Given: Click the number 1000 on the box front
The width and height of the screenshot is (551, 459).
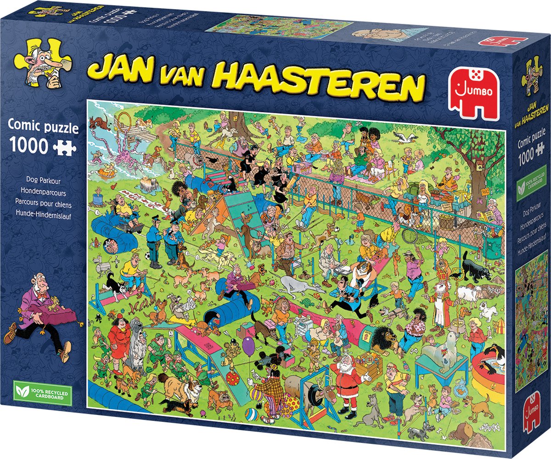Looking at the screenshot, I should [x=27, y=146].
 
